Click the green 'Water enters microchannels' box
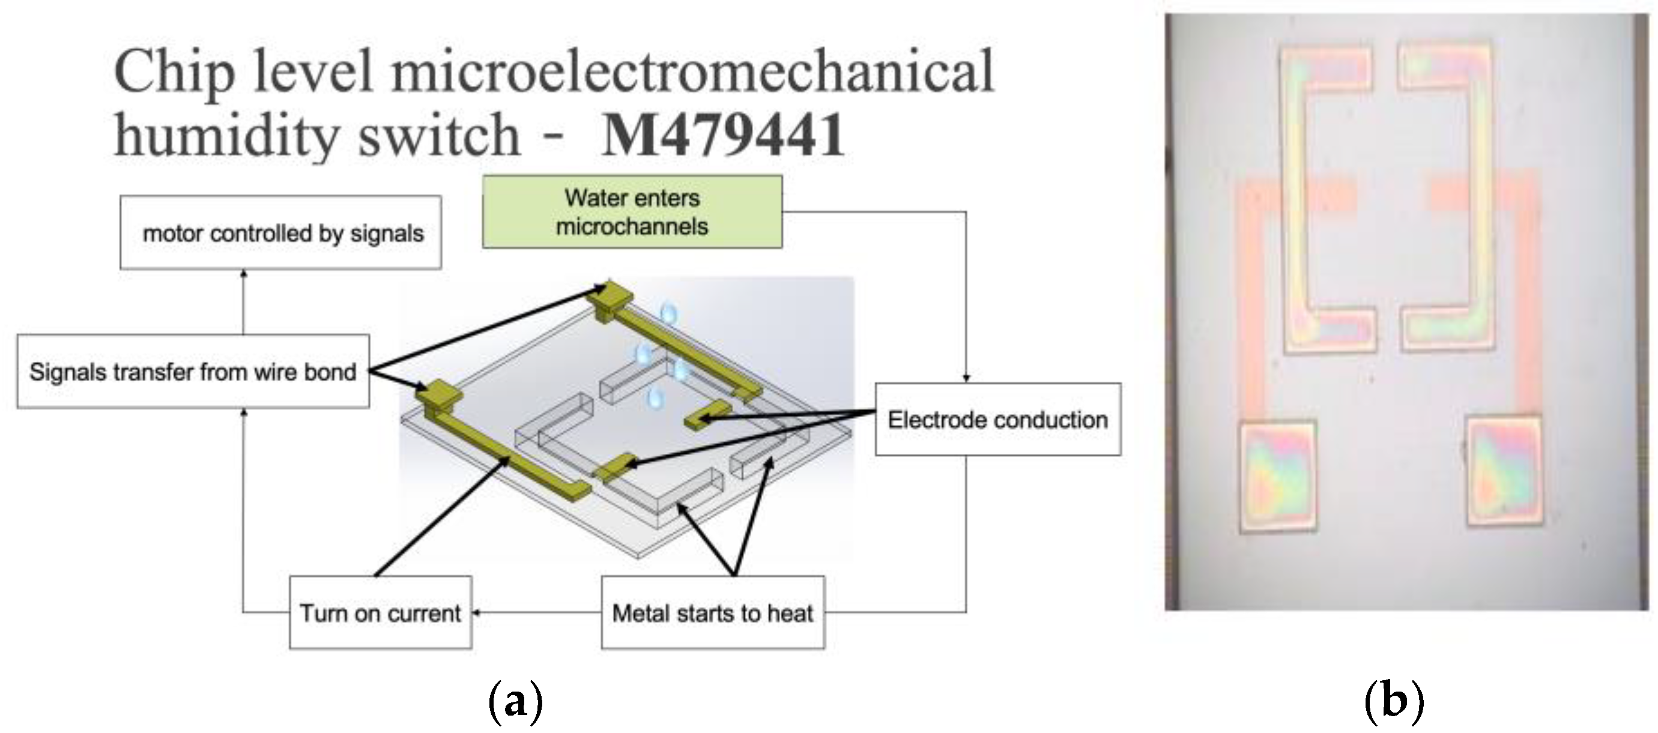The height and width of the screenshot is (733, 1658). tap(632, 212)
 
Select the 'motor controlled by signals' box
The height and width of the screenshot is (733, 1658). tap(280, 233)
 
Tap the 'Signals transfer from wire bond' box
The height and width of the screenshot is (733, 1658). tap(193, 372)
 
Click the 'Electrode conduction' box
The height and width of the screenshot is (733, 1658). tap(997, 420)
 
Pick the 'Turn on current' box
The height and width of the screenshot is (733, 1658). tap(380, 613)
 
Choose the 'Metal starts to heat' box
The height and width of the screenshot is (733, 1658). tap(713, 613)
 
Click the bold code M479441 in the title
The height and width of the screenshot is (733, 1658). tap(723, 134)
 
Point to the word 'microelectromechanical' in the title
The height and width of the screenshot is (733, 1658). tap(693, 71)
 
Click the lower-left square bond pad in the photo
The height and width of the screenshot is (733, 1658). tap(1278, 476)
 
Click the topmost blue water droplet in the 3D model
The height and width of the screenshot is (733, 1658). tap(670, 313)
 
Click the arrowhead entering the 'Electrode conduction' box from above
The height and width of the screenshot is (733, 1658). tap(966, 378)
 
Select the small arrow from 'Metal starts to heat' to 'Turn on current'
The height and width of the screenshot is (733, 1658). tap(477, 613)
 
